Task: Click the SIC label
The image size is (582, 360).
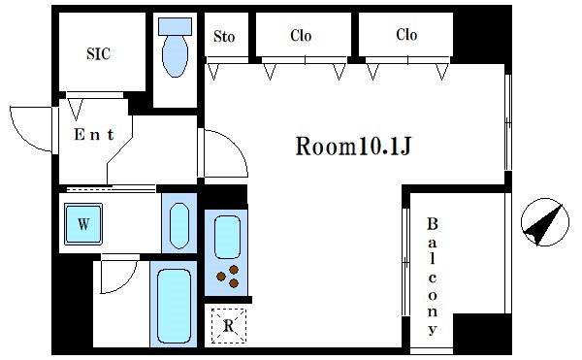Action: pos(98,53)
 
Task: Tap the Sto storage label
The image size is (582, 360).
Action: pos(224,36)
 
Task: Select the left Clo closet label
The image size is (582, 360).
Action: pos(301,36)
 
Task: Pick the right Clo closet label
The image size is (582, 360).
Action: pos(406,35)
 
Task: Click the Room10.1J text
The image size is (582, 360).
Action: pos(353,146)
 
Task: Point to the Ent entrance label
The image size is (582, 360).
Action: pos(94,134)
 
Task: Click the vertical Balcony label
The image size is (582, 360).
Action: pos(432,277)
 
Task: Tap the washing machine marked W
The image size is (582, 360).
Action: pos(83,224)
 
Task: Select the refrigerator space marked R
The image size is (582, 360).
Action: pos(229,326)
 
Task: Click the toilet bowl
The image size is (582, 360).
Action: pos(176,56)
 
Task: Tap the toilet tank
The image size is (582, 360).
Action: pos(176,27)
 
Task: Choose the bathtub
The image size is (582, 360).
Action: pos(174,306)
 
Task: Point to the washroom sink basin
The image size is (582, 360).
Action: pos(179,226)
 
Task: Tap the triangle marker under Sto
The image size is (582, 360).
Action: pos(213,72)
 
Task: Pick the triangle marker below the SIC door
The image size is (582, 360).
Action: pos(76,109)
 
